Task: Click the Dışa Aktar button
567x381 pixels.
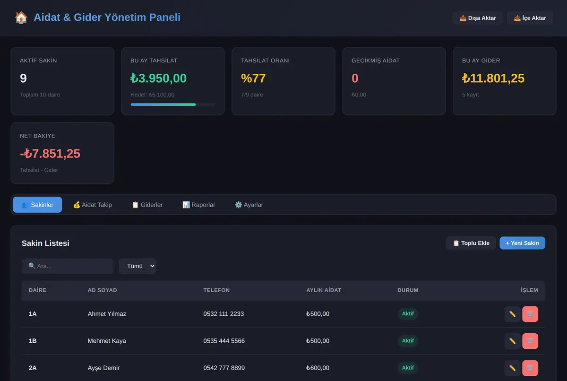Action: (x=477, y=18)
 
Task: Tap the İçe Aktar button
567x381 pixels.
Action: (x=530, y=18)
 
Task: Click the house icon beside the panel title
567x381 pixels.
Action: (x=21, y=17)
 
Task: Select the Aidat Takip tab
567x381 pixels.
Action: (x=93, y=205)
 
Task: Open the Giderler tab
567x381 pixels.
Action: (x=147, y=205)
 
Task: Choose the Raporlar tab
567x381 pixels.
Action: (x=199, y=205)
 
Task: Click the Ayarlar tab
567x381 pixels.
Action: (x=249, y=205)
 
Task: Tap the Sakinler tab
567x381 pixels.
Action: (x=37, y=205)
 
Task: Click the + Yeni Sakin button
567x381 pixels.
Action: (x=522, y=243)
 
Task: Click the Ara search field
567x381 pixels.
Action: (x=67, y=266)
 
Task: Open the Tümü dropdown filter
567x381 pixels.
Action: (x=137, y=266)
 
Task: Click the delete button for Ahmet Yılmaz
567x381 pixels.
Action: (x=530, y=314)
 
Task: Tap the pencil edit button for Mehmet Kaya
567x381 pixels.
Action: (x=512, y=341)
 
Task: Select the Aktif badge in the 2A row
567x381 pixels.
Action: (x=408, y=368)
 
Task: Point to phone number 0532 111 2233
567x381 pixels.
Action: (x=223, y=314)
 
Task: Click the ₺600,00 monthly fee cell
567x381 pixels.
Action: (x=318, y=368)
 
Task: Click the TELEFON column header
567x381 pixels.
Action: (x=216, y=290)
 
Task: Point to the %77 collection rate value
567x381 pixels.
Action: (x=253, y=78)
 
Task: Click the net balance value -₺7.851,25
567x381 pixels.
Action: (x=50, y=154)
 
